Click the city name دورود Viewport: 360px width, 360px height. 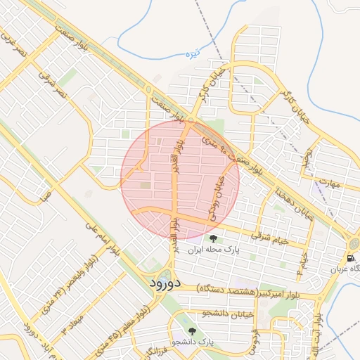(x=166, y=283)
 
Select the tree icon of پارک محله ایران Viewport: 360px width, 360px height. (x=213, y=239)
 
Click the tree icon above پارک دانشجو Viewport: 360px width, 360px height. (x=191, y=330)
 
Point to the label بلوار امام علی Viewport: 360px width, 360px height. (x=94, y=238)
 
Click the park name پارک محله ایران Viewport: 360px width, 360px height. (x=217, y=250)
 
